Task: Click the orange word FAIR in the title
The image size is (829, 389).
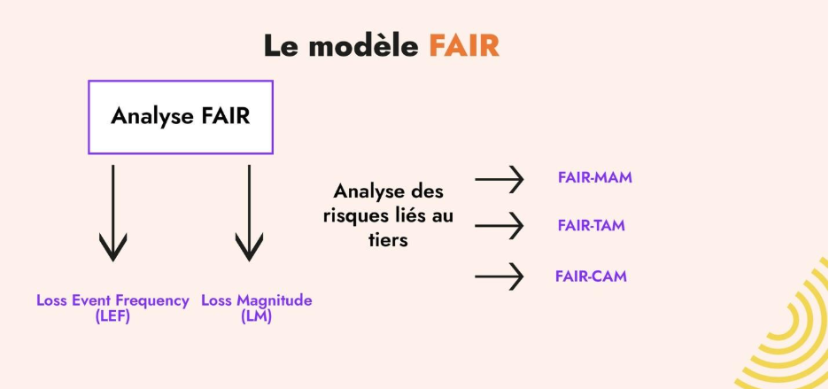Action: point(464,45)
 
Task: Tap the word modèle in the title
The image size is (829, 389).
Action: point(364,45)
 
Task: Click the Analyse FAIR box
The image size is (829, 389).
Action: point(180,116)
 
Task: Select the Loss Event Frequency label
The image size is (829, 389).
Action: point(112,300)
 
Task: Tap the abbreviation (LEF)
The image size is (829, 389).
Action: point(112,315)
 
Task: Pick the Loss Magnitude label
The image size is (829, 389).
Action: point(257,300)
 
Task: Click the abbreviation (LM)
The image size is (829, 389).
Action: point(256,315)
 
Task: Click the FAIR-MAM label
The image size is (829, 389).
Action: point(594,178)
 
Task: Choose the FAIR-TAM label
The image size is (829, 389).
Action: point(592,226)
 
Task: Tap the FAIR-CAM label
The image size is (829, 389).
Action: point(591,276)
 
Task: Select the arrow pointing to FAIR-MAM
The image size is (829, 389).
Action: point(500,181)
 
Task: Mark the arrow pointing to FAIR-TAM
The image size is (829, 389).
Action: point(500,227)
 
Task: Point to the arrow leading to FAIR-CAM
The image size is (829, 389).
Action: point(500,277)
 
